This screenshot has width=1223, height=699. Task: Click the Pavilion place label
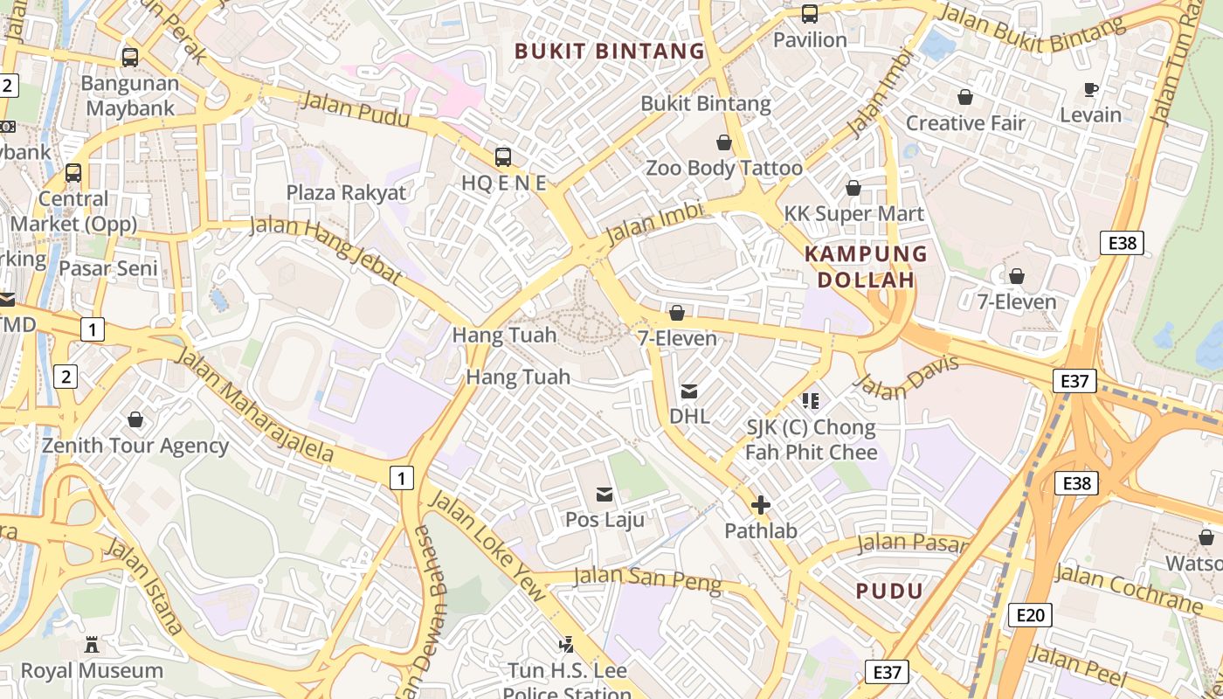coord(810,40)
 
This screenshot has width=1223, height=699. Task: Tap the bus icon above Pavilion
coord(810,14)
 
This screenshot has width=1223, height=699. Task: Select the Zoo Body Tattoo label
coord(723,168)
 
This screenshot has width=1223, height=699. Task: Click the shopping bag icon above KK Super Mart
coord(853,188)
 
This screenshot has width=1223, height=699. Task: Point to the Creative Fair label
coord(964,123)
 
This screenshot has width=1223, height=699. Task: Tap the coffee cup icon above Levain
coord(1090,89)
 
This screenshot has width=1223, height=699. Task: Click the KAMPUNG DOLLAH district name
coord(865,266)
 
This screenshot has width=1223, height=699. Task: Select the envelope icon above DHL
coord(689,391)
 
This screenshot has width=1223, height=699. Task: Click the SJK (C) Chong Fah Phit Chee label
coord(810,439)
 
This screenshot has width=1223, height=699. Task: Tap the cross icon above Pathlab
coord(760,505)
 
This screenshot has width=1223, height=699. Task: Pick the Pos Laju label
coord(605,520)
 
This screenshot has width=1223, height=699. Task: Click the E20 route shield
coord(1030,615)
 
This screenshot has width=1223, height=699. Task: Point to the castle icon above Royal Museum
coord(92,646)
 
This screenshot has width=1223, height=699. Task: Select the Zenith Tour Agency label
coord(135,446)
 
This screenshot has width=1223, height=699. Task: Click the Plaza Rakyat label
coord(346,192)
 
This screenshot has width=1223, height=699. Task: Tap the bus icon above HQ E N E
coord(503,157)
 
